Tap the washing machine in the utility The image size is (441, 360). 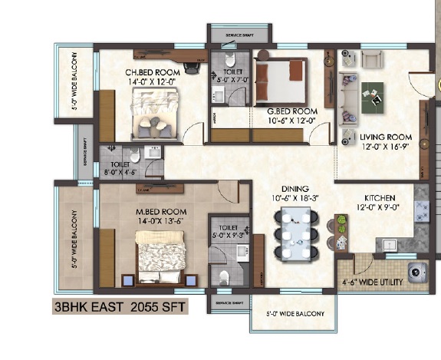[x=418, y=270]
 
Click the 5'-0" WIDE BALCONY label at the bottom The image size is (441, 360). [x=295, y=314]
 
